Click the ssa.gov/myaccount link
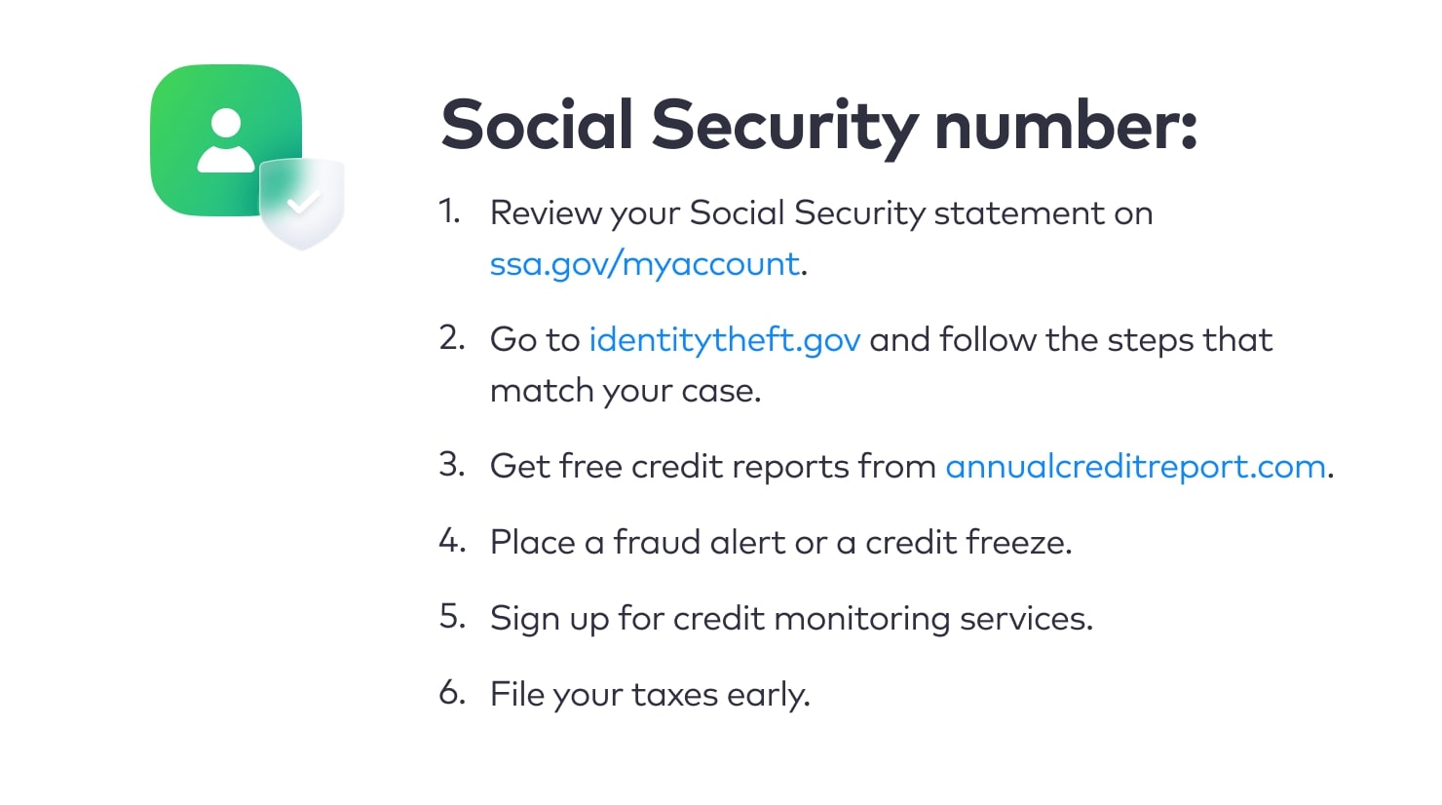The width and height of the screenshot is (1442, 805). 644,265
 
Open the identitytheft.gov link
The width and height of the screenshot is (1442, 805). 724,340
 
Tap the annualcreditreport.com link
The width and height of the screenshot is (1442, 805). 1136,466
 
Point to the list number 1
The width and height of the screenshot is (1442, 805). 449,211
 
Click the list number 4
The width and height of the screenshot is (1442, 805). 452,540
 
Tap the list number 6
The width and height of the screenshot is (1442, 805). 452,692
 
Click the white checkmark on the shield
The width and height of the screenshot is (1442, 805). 304,202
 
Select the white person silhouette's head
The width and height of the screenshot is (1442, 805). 226,123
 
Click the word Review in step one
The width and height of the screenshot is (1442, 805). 546,213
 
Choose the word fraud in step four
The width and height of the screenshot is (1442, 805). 657,542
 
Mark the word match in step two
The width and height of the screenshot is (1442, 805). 542,391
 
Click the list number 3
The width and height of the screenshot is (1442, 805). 452,464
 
